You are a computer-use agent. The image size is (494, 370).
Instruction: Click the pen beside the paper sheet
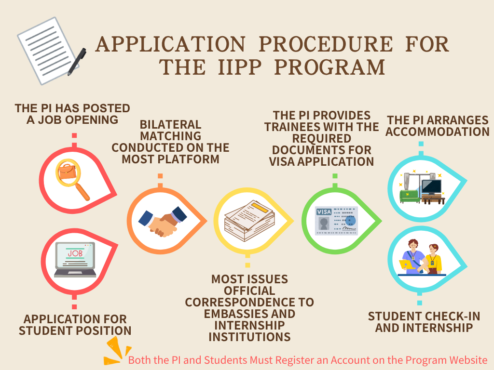click(x=77, y=62)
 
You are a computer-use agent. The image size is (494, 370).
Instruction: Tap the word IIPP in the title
click(x=240, y=67)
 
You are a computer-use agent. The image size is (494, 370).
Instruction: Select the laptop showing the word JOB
click(x=75, y=260)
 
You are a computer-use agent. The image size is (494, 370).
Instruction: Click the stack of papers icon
click(x=249, y=221)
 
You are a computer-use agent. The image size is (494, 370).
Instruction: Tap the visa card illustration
click(x=336, y=221)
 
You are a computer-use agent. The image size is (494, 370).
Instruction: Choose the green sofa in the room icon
click(x=410, y=197)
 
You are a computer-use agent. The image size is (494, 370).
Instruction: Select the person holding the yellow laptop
click(x=412, y=257)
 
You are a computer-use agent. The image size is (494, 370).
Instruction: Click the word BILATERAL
click(x=170, y=125)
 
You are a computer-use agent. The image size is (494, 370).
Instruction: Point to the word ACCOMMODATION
click(x=438, y=132)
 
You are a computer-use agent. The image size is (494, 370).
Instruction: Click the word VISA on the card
click(x=324, y=212)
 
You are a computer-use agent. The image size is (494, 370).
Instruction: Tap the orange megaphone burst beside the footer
click(x=117, y=351)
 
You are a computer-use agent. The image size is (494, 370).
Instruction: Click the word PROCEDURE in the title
click(x=326, y=44)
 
